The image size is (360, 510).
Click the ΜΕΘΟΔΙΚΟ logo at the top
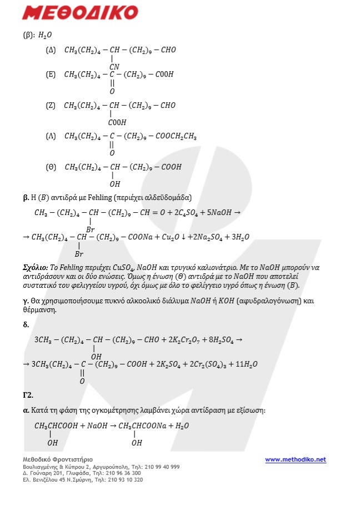click(81, 13)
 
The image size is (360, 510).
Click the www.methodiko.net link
click(295, 459)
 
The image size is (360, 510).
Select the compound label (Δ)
click(51, 50)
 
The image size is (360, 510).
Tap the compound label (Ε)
click(51, 74)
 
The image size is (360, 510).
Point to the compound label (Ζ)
click(51, 105)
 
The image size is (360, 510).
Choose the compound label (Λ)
click(51, 136)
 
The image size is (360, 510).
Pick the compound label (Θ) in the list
click(51, 167)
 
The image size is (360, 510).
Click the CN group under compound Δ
click(114, 67)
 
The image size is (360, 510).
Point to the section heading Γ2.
click(28, 395)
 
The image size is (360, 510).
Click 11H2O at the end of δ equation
click(246, 364)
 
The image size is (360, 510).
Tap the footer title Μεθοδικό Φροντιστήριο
click(57, 459)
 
